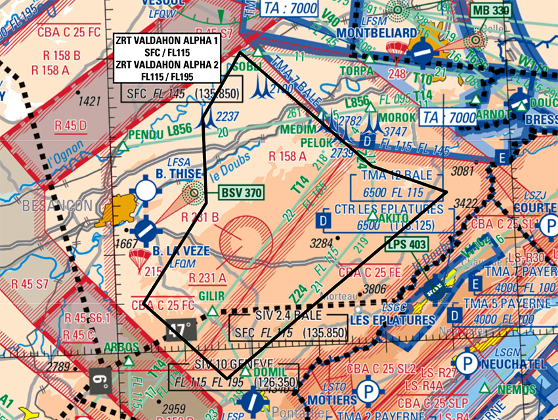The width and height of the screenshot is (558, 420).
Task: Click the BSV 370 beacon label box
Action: tap(241, 193)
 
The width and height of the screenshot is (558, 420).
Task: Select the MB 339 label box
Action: tap(490, 10)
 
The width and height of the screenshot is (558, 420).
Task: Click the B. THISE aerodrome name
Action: tap(178, 174)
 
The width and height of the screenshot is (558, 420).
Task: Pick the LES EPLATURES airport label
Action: tap(393, 320)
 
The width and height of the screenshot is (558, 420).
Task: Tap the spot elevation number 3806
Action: tap(374, 288)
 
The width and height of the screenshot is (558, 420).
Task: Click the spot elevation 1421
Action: tap(89, 101)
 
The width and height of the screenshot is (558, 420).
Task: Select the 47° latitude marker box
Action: tap(181, 328)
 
